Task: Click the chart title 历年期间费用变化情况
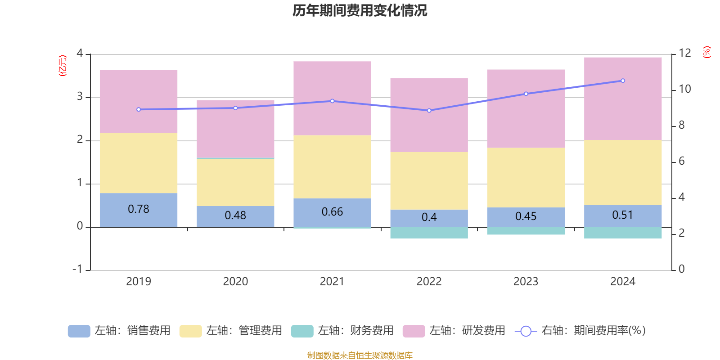click(x=360, y=10)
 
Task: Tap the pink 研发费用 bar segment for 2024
click(x=623, y=99)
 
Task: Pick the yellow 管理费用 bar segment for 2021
click(x=332, y=166)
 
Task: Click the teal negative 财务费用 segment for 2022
click(x=429, y=233)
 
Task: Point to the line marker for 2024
click(x=623, y=81)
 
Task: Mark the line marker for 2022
click(x=429, y=111)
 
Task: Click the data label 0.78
click(x=138, y=209)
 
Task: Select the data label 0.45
click(x=526, y=216)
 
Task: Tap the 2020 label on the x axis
click(x=235, y=282)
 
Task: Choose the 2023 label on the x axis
click(x=526, y=282)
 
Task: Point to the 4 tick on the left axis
click(x=80, y=54)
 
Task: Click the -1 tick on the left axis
click(x=78, y=269)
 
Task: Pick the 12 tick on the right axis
click(x=685, y=53)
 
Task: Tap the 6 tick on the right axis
click(x=681, y=161)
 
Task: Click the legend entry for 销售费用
click(x=119, y=331)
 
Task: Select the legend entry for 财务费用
click(x=342, y=331)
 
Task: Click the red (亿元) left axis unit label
click(x=63, y=66)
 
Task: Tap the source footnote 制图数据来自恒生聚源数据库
click(x=360, y=355)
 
